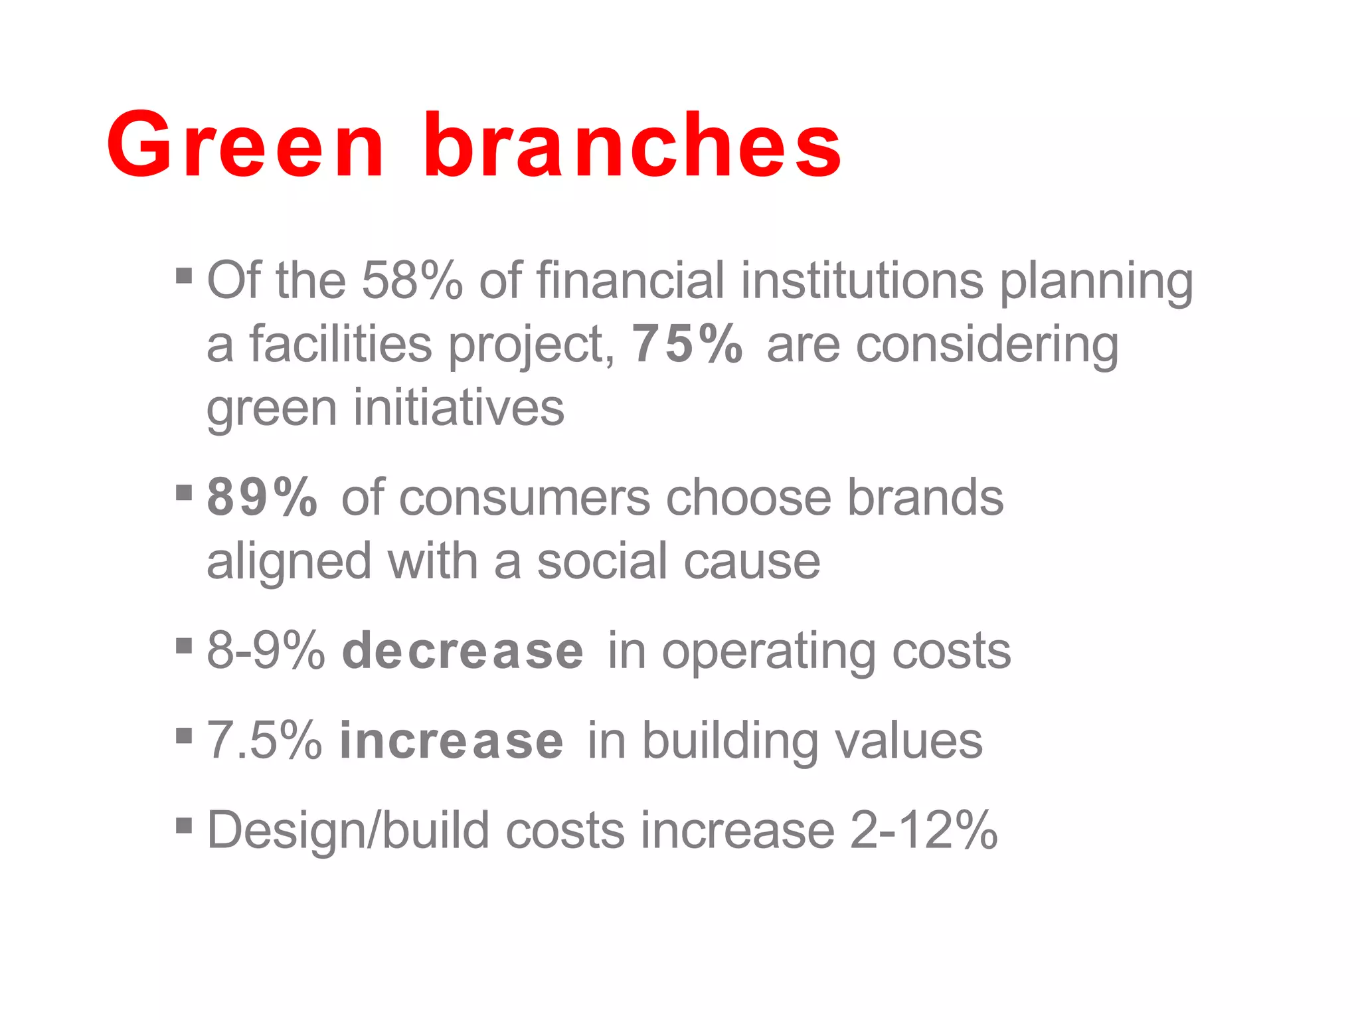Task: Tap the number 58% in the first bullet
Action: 412,280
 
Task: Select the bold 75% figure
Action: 688,344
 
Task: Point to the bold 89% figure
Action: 262,497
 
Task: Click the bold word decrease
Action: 463,651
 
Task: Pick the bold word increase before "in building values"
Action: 452,741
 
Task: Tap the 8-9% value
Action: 266,651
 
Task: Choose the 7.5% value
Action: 264,741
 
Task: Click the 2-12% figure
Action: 924,830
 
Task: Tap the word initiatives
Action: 458,408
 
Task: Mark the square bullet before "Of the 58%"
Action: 184,276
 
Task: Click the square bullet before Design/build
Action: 184,826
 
